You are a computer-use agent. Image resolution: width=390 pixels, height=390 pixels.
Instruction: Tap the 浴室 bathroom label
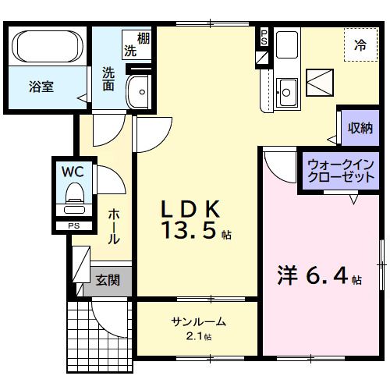click(x=41, y=87)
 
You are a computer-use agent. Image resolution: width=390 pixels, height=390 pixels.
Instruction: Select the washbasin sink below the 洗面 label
click(x=139, y=92)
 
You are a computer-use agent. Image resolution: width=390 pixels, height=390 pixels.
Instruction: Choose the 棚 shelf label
click(x=144, y=38)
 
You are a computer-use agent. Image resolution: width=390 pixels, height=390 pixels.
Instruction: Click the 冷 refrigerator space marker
click(x=360, y=44)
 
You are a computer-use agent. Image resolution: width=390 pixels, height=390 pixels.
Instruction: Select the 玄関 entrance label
click(x=108, y=280)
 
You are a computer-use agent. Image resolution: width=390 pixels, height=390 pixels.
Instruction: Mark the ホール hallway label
click(x=113, y=226)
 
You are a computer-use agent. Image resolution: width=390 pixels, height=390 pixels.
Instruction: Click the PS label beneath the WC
click(x=74, y=226)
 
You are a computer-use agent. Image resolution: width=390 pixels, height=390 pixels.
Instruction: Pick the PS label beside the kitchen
click(x=264, y=36)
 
